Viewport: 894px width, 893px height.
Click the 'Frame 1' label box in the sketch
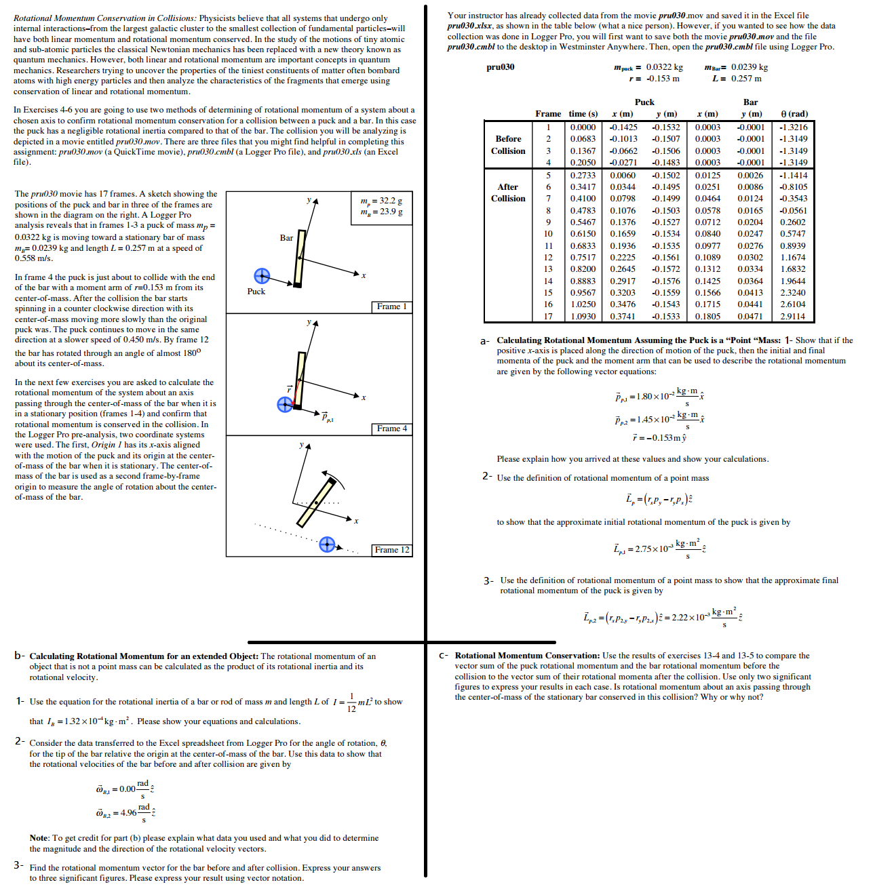coord(391,306)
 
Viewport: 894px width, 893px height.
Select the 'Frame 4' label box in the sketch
coord(391,429)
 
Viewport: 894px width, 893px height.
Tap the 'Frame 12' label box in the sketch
coord(391,550)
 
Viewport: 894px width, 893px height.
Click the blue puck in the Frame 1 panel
coord(262,276)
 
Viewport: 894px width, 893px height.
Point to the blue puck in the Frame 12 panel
coord(327,544)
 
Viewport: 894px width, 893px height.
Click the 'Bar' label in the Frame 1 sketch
coord(286,238)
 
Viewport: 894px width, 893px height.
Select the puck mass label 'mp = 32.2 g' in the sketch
coord(381,201)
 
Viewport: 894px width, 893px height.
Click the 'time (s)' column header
coord(583,114)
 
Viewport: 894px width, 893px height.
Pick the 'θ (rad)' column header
coord(794,114)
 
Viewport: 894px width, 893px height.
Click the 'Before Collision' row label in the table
coord(508,144)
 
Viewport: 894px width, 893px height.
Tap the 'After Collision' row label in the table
coord(508,193)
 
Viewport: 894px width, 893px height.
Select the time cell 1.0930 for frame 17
coord(583,317)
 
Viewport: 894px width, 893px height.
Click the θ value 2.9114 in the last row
coord(793,317)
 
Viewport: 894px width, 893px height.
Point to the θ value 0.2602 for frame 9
coord(793,222)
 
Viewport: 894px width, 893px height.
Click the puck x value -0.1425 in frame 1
coord(623,127)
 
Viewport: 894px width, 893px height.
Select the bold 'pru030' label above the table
coord(500,67)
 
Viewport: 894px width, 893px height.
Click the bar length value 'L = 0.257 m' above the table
coord(737,79)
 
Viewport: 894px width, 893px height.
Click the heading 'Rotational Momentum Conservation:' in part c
coord(527,656)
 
